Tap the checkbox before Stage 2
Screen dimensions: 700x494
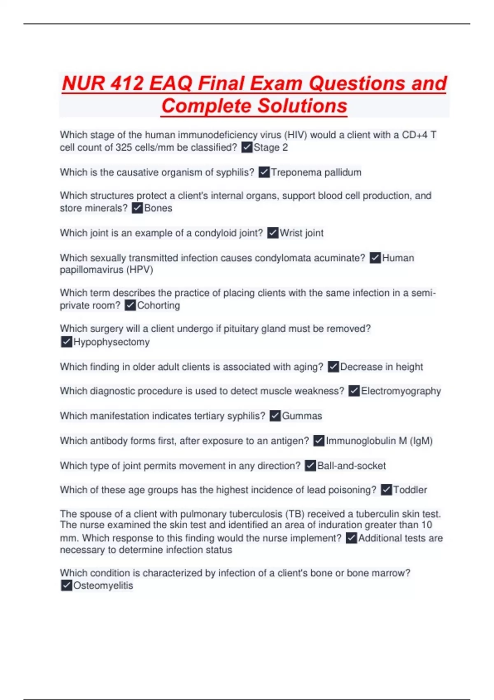[x=247, y=147]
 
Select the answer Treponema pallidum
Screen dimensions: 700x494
[x=316, y=172]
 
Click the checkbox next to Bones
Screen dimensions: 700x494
[x=137, y=208]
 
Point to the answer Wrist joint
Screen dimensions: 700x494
[x=301, y=233]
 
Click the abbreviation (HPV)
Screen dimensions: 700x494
[x=140, y=270]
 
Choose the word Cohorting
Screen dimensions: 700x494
[x=158, y=305]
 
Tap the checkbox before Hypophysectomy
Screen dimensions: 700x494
[x=66, y=342]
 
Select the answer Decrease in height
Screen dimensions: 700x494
[x=381, y=366]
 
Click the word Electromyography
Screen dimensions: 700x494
[x=401, y=391]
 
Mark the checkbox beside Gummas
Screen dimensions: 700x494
[x=275, y=416]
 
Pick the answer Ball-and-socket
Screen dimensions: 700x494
[x=351, y=466]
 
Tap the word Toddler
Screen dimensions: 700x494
[x=410, y=490]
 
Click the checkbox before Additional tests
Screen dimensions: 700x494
[x=351, y=538]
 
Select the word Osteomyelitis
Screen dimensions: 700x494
[x=103, y=586]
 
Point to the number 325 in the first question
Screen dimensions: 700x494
[x=123, y=147]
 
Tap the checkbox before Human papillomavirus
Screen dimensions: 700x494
[x=375, y=258]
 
